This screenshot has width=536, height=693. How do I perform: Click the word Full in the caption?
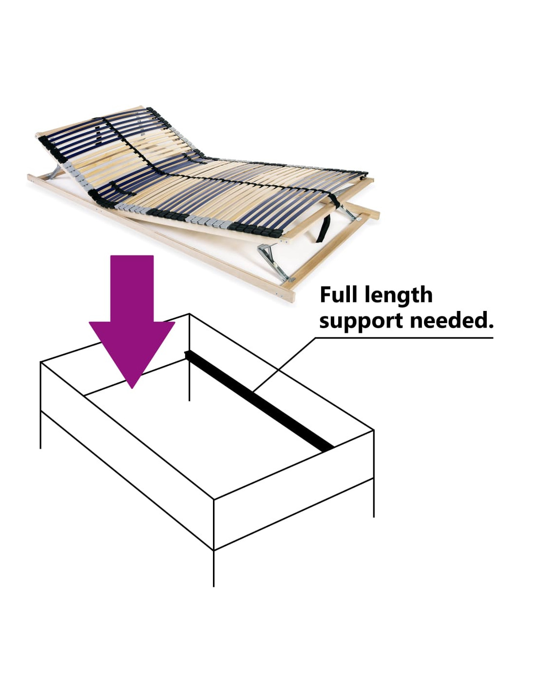340,295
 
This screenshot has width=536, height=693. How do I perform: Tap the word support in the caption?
361,322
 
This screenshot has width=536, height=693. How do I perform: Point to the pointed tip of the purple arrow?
132,388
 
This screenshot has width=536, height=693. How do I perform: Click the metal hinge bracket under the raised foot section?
274,262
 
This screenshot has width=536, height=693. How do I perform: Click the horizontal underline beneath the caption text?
404,338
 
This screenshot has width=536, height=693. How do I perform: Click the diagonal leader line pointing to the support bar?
284,364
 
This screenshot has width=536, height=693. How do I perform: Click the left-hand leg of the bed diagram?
40,430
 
